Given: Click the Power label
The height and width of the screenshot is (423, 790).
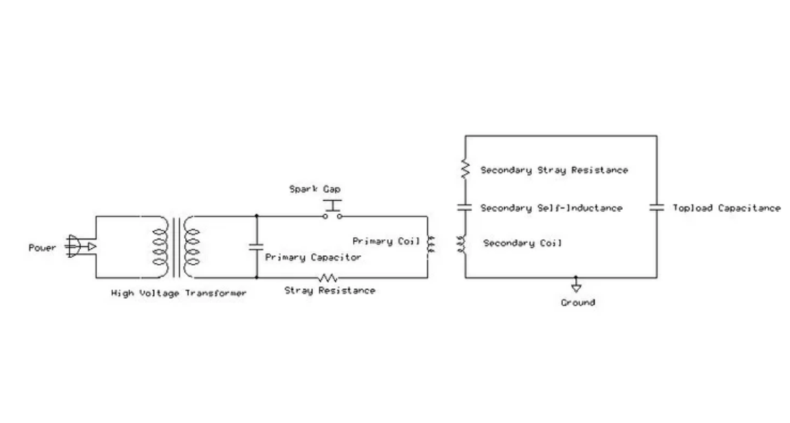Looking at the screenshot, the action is click(43, 248).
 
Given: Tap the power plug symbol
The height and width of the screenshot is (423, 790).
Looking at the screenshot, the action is click(81, 247).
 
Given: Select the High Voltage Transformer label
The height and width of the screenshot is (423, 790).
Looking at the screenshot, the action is click(179, 293).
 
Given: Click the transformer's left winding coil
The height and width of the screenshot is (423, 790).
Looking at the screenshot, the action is click(160, 247).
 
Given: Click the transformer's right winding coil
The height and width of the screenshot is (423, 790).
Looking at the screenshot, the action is click(192, 247).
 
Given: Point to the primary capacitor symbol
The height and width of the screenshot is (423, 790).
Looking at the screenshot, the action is click(257, 247).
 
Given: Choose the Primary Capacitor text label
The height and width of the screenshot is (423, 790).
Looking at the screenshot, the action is click(313, 257).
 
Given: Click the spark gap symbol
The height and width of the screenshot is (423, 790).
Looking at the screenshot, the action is click(332, 210).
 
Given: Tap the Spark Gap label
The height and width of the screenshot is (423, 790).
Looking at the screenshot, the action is click(315, 189).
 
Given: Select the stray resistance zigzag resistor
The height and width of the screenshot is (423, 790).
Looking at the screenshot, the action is click(328, 277).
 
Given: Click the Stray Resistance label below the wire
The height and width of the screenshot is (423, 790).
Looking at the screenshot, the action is click(330, 290).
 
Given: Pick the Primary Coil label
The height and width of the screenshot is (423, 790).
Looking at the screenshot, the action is click(386, 241).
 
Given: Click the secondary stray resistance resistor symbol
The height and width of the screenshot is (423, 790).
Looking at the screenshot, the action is click(465, 169).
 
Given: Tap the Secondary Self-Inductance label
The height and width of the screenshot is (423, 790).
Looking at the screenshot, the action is click(551, 208).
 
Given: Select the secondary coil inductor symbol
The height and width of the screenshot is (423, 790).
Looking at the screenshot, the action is click(462, 244).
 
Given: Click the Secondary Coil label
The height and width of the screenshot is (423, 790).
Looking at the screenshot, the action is click(522, 243).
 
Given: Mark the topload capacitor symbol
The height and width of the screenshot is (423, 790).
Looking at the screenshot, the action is click(656, 207).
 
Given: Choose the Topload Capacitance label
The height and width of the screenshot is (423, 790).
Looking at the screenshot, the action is click(727, 208).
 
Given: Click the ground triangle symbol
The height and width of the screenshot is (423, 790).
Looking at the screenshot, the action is click(577, 288).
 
